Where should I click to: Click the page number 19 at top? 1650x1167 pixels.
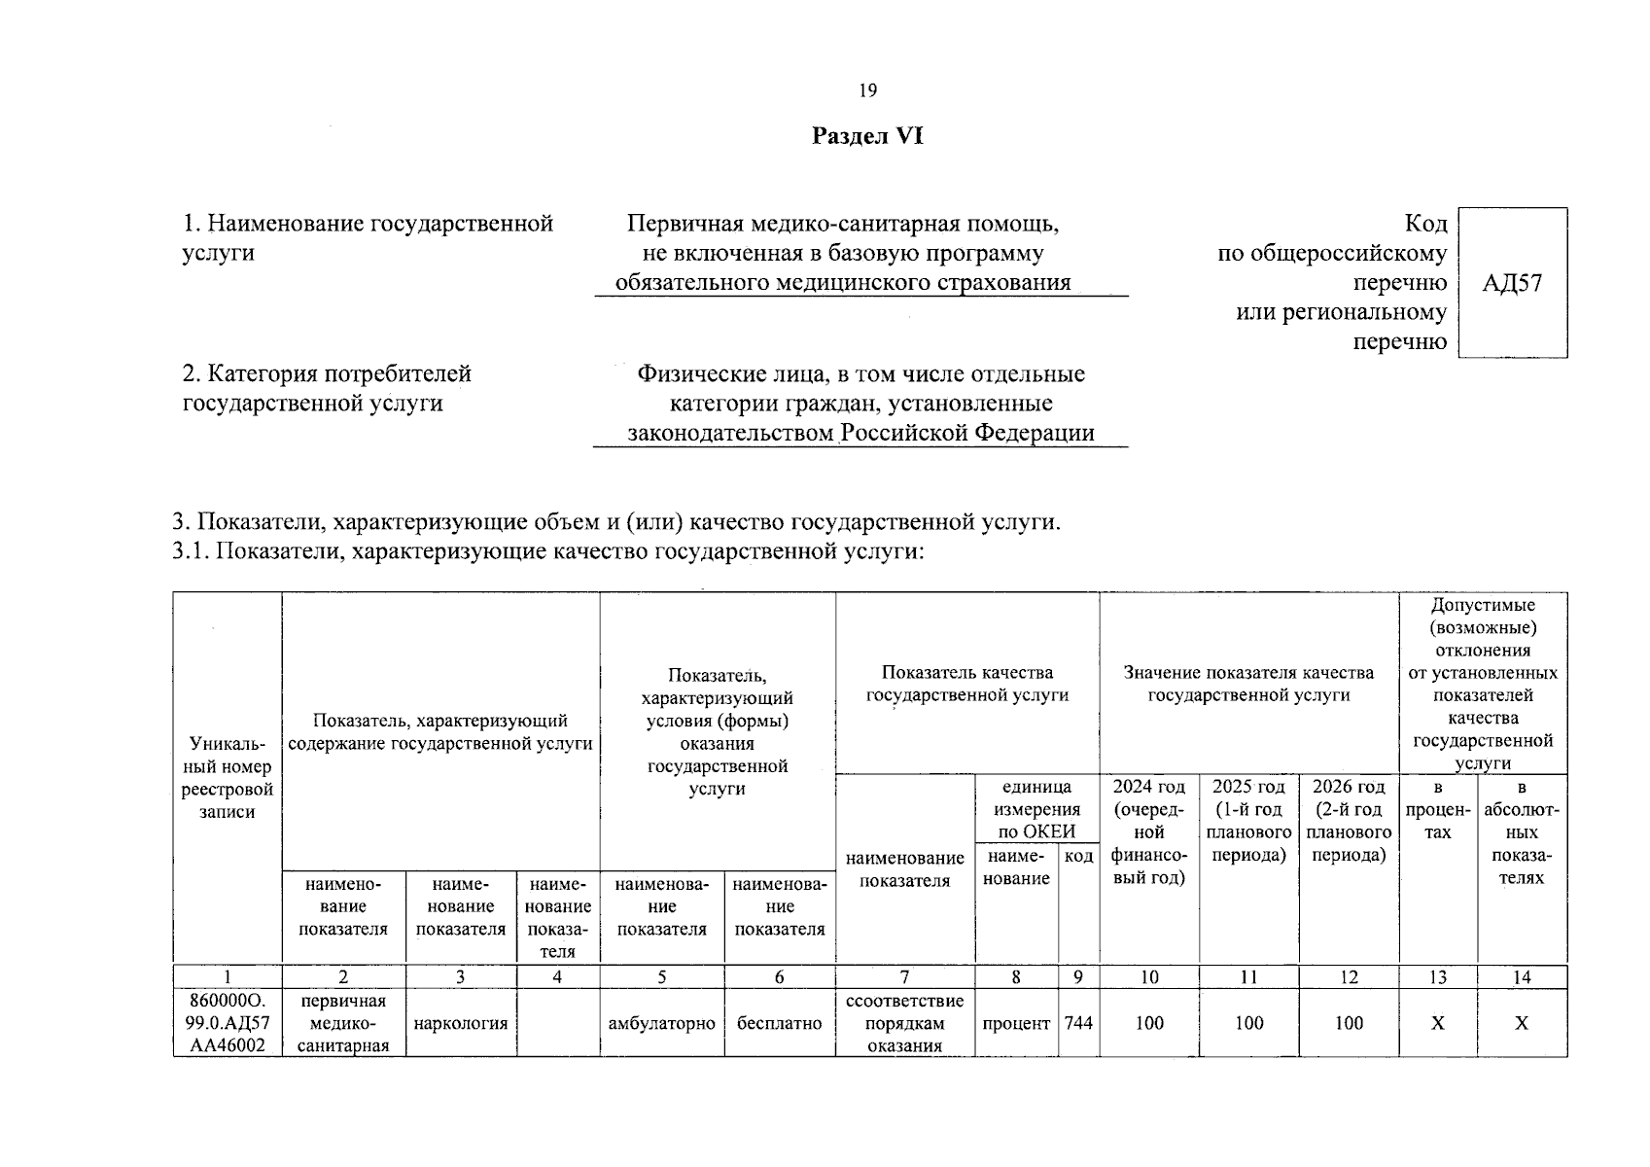(x=867, y=90)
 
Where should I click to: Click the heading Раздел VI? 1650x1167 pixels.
(x=867, y=136)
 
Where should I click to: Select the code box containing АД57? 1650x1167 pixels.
(x=1512, y=283)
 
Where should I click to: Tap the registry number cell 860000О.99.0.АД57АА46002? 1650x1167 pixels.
(x=228, y=1023)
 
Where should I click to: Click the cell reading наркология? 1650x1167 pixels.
(x=461, y=1023)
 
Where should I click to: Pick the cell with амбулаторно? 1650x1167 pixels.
(x=661, y=1023)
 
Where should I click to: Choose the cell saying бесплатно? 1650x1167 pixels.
(x=780, y=1023)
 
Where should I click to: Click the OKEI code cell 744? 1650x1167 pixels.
(x=1078, y=1023)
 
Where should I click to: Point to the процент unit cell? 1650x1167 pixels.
(x=1016, y=1023)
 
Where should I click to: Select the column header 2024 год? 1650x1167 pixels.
(x=1149, y=832)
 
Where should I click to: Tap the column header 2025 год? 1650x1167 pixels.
(x=1248, y=821)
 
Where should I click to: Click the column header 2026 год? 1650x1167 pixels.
(x=1349, y=821)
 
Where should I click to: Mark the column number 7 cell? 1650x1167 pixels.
(x=904, y=977)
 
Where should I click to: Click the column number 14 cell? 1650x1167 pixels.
(x=1522, y=977)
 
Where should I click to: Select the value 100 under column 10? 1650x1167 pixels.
(x=1149, y=1023)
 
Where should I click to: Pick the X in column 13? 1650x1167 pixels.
(x=1437, y=1023)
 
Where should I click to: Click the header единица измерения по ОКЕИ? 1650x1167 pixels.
(x=1036, y=809)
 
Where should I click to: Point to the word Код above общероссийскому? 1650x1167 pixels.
(x=1425, y=224)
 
